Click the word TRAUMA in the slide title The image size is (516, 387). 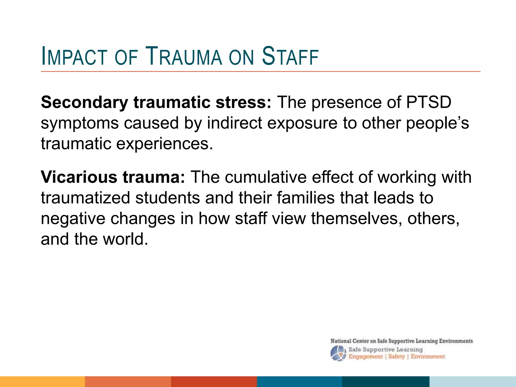[184, 56]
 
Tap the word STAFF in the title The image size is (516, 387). [290, 56]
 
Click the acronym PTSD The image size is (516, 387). [428, 102]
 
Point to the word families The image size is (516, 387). [306, 198]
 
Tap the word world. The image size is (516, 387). [125, 239]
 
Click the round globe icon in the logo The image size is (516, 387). [338, 353]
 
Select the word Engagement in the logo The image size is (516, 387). [365, 357]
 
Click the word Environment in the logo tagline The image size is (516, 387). [428, 357]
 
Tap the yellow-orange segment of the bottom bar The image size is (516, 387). [42, 381]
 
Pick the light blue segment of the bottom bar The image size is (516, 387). [473, 381]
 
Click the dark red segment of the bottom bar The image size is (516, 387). [214, 381]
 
